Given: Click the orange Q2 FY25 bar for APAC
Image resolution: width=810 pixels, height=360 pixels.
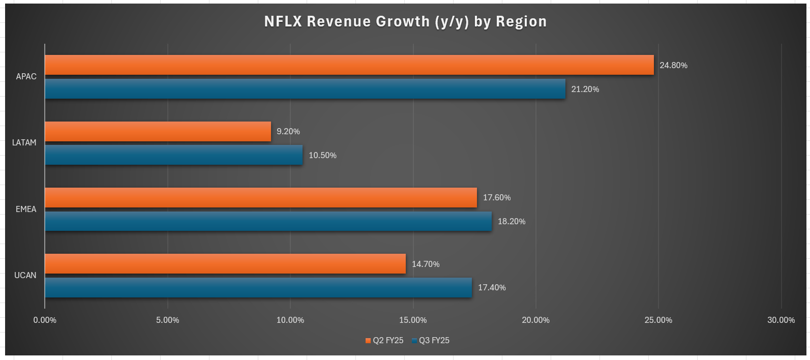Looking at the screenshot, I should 349,65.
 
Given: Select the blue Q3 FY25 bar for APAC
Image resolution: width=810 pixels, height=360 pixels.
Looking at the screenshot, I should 305,89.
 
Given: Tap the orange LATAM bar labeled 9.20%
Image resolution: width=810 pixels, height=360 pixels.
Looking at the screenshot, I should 158,131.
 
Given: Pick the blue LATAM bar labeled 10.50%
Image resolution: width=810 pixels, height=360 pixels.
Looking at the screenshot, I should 173,155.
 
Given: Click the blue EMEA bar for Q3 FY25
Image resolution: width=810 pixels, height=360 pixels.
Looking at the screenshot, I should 268,221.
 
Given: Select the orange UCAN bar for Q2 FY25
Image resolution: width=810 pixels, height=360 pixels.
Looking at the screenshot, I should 225,264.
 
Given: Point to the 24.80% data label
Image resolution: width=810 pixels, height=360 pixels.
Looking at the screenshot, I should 673,66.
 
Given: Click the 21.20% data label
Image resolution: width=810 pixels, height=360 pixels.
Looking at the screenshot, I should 585,89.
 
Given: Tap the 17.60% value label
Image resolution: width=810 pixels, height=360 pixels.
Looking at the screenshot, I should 496,198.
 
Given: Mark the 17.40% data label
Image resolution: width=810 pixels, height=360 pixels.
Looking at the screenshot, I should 492,288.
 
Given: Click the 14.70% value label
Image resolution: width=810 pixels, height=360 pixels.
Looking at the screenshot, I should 426,264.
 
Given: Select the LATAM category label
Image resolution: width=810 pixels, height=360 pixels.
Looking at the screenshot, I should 24,143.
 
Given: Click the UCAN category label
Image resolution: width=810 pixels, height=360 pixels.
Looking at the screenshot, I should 25,276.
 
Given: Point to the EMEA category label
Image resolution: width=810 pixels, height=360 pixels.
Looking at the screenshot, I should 26,209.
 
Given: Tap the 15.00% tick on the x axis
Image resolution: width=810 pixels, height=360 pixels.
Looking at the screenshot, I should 413,320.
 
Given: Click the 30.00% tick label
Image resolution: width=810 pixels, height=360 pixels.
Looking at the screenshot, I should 781,320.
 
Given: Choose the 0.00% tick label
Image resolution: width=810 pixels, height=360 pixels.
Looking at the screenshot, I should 45,320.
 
